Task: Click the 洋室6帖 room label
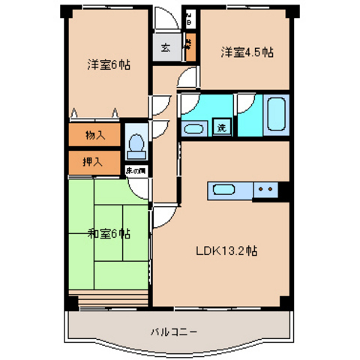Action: point(108,65)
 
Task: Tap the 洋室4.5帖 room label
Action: point(246,52)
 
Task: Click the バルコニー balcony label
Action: point(173,330)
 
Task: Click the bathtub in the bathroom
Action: point(277,114)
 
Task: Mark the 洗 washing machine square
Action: point(221,127)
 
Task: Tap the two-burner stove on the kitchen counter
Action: point(265,190)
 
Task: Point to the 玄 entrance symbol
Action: point(164,50)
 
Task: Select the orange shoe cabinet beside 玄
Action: point(190,49)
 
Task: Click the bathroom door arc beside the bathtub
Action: point(246,105)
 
